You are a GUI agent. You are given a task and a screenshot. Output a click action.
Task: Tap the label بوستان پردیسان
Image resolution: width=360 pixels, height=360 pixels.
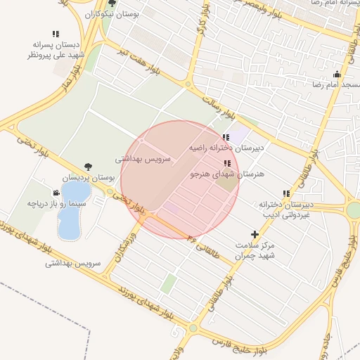point(88,179)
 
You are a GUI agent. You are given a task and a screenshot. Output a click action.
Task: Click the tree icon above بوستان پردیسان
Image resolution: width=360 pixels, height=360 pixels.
point(88,167)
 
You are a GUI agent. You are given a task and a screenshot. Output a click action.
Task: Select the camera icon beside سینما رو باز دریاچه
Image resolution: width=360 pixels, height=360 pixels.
point(56,192)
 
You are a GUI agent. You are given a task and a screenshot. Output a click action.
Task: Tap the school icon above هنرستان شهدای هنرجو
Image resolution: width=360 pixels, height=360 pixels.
point(226,163)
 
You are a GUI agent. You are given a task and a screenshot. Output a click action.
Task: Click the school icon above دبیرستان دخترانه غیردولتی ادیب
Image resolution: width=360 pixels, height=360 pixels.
point(285,193)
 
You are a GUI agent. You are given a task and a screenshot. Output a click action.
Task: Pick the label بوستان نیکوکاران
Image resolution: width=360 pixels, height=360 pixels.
point(112,13)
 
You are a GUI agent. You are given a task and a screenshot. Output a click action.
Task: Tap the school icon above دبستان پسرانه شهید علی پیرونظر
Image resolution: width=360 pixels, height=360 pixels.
point(56,33)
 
